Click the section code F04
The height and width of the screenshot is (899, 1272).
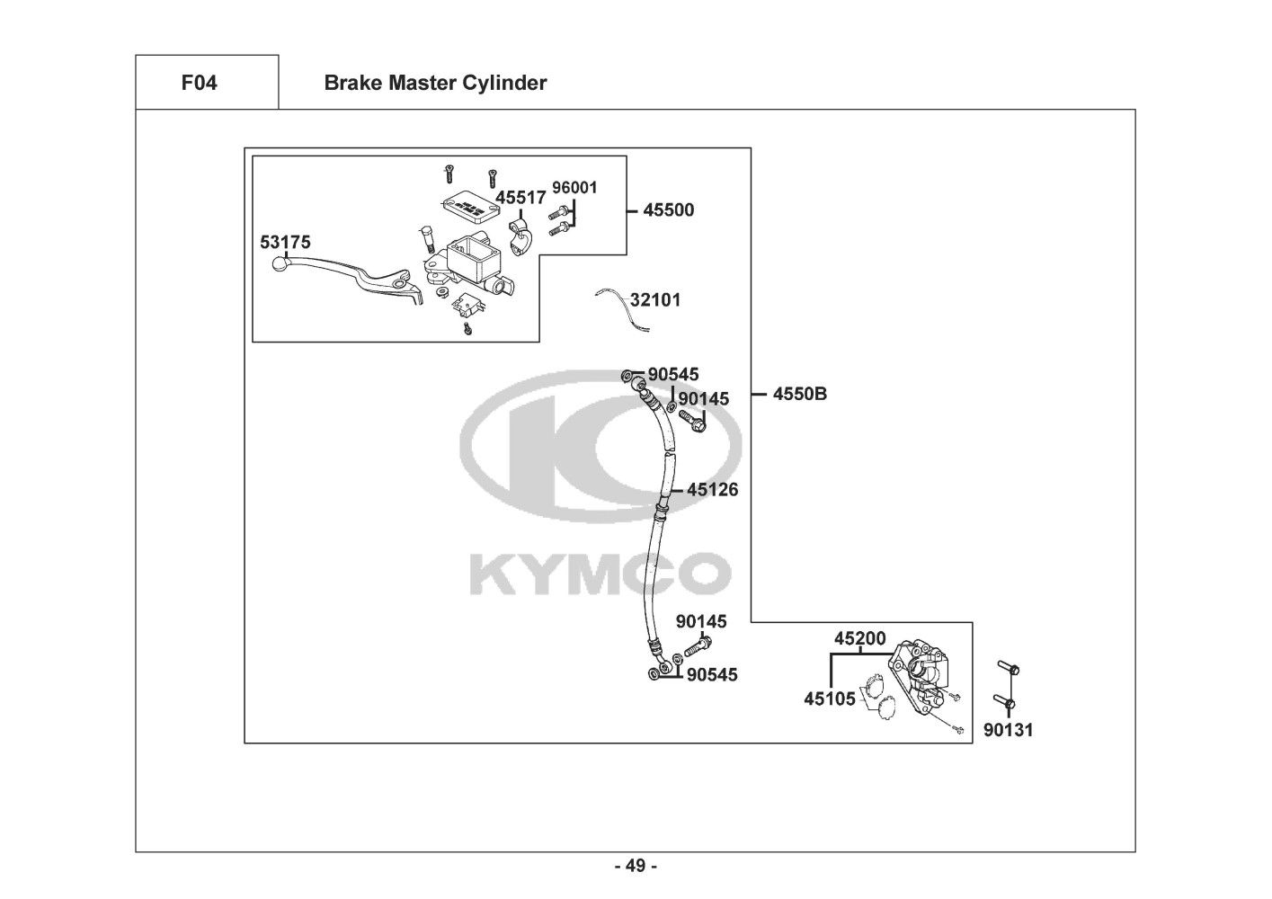[x=199, y=84]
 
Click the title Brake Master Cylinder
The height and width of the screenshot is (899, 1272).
[x=435, y=84]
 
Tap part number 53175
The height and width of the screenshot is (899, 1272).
[x=285, y=242]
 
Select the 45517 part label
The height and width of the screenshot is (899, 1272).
[x=520, y=198]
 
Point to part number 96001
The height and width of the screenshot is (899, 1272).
[x=574, y=188]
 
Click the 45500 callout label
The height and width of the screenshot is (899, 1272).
[x=669, y=210]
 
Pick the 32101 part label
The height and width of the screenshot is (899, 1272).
[x=655, y=300]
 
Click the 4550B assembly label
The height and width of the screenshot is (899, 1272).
[x=800, y=394]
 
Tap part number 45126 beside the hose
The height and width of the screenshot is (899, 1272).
[x=713, y=490]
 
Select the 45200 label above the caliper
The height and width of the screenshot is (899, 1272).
[x=860, y=639]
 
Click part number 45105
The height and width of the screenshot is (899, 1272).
[x=830, y=699]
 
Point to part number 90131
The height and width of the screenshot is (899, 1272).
[x=1008, y=730]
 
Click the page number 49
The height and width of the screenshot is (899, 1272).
[x=636, y=867]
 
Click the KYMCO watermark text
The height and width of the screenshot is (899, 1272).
[x=599, y=574]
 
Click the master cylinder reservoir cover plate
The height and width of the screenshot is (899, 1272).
[x=469, y=205]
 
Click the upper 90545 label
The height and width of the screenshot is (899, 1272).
[x=673, y=374]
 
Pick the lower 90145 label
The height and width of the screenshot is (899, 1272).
[x=701, y=621]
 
